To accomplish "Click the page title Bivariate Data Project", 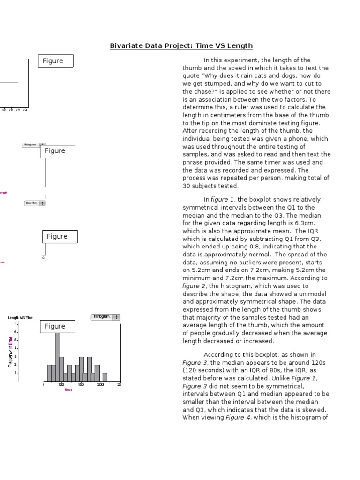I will [x=181, y=45].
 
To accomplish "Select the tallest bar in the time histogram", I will [x=58, y=356].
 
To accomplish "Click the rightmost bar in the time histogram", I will [x=105, y=376].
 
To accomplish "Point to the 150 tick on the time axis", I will [x=81, y=385].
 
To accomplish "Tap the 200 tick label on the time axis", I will [x=100, y=385].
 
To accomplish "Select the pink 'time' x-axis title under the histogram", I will [x=68, y=390].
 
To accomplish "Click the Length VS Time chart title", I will [x=21, y=317].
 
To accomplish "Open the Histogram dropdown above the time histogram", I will [x=105, y=317].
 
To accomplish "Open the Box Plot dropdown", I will [x=35, y=203].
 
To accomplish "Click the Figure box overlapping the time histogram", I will [x=57, y=326].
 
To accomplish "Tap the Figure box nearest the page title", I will [x=56, y=61].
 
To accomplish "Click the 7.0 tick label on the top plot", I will [x=11, y=110].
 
